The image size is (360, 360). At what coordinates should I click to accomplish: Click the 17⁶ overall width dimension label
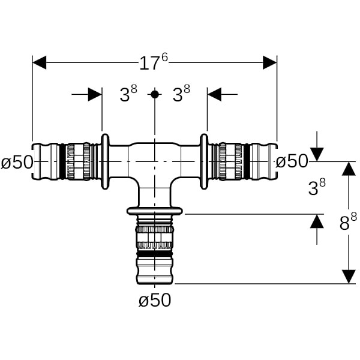coord(154,62)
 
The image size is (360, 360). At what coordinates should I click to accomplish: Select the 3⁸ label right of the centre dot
coord(181,94)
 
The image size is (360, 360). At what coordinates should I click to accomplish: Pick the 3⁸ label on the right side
coord(317,187)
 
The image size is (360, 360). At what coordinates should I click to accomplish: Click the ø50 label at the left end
coord(16,162)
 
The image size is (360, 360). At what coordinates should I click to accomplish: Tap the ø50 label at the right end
coord(292,161)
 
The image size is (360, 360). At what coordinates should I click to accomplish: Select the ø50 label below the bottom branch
coord(155,300)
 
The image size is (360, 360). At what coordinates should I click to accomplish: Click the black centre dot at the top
coord(155,94)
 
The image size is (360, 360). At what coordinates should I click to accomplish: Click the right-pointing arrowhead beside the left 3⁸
coord(95,94)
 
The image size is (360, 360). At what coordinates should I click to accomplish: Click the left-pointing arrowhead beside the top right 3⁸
coord(215,94)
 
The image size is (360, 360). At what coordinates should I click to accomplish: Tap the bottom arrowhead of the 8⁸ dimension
coord(349,276)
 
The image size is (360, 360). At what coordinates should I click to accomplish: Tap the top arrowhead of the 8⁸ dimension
coord(349,169)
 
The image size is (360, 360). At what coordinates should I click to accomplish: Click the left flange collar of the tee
coord(105,161)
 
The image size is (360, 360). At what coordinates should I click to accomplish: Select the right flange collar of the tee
coord(204,161)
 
